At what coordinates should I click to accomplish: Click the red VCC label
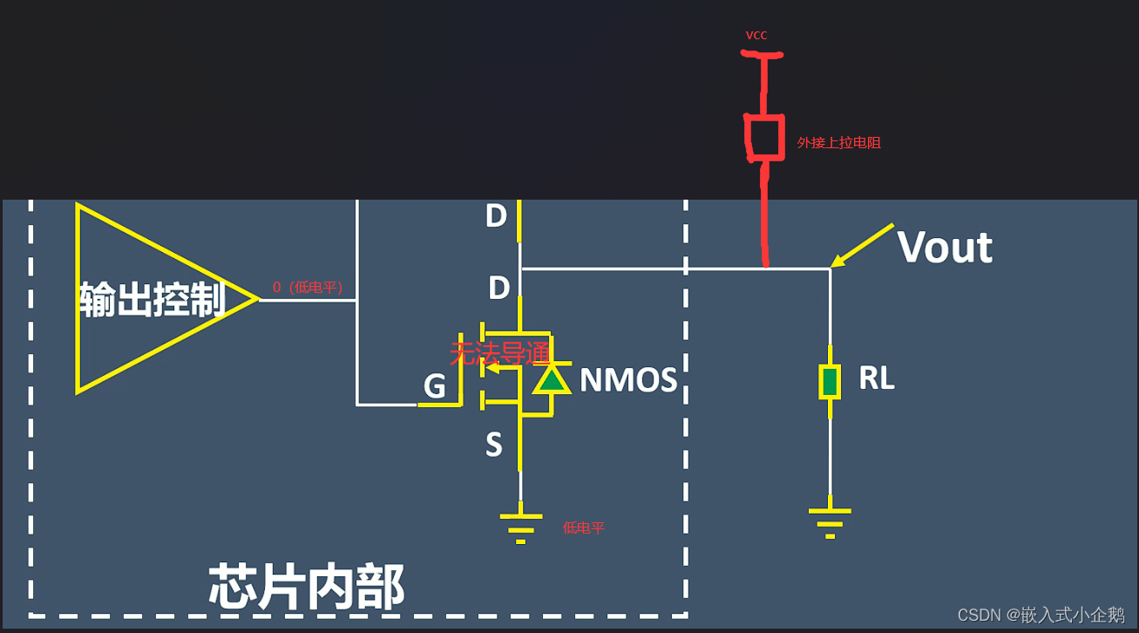[x=756, y=36]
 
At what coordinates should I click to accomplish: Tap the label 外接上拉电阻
[x=838, y=142]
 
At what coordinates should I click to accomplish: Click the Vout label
[x=945, y=248]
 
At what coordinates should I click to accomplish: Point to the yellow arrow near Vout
[x=862, y=244]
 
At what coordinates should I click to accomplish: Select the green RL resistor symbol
[x=830, y=382]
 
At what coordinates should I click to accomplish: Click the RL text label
[x=876, y=378]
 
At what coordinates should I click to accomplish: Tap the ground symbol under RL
[x=830, y=522]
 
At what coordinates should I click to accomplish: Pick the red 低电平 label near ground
[x=583, y=527]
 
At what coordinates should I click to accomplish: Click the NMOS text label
[x=628, y=380]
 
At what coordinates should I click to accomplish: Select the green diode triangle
[x=551, y=379]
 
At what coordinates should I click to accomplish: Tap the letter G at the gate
[x=434, y=386]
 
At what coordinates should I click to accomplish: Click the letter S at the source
[x=494, y=446]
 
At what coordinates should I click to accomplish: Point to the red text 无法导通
[x=499, y=353]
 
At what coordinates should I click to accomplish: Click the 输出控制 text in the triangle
[x=153, y=299]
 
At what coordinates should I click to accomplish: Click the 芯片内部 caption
[x=306, y=587]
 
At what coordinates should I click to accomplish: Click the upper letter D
[x=496, y=216]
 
